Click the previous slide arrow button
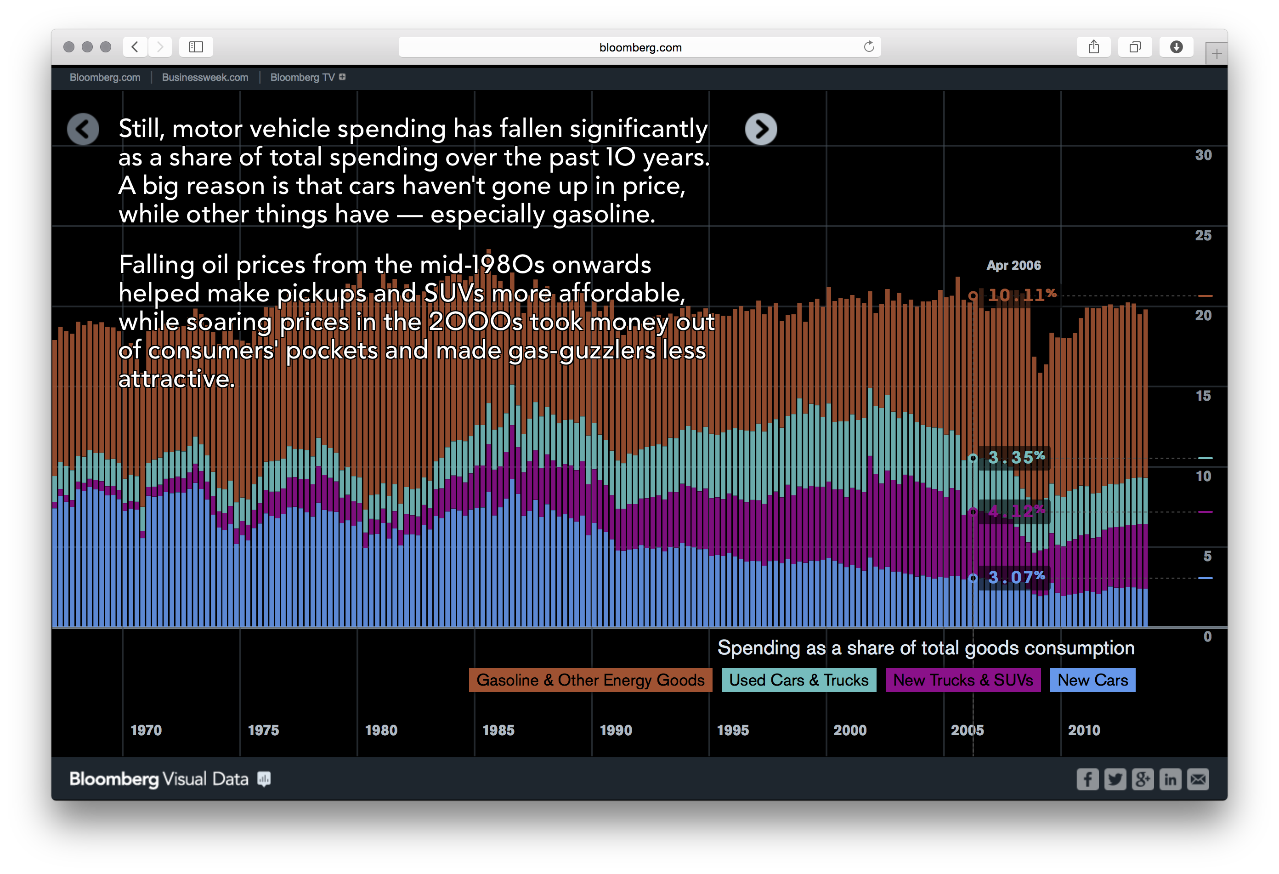[x=83, y=129]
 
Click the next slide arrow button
[x=761, y=129]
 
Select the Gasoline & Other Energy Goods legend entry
[x=590, y=680]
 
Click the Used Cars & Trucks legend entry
[x=798, y=680]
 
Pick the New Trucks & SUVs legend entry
[x=962, y=680]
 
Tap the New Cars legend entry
[x=1092, y=680]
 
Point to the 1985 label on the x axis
[x=498, y=730]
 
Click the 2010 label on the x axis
[x=1084, y=730]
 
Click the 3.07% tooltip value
[x=1016, y=577]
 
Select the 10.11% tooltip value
[x=1021, y=295]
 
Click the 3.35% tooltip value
[x=1016, y=457]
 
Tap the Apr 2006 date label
[x=1013, y=265]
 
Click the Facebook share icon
[x=1087, y=779]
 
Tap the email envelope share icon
[x=1198, y=779]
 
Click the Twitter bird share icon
[x=1115, y=779]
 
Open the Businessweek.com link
[x=205, y=78]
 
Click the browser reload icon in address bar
[x=868, y=47]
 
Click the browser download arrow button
[x=1176, y=47]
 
